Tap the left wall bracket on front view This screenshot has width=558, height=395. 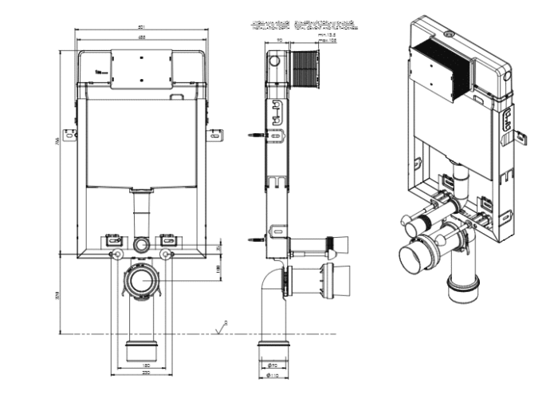pos(71,135)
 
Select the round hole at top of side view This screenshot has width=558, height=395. pos(275,60)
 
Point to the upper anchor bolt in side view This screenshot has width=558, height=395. pos(256,136)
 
